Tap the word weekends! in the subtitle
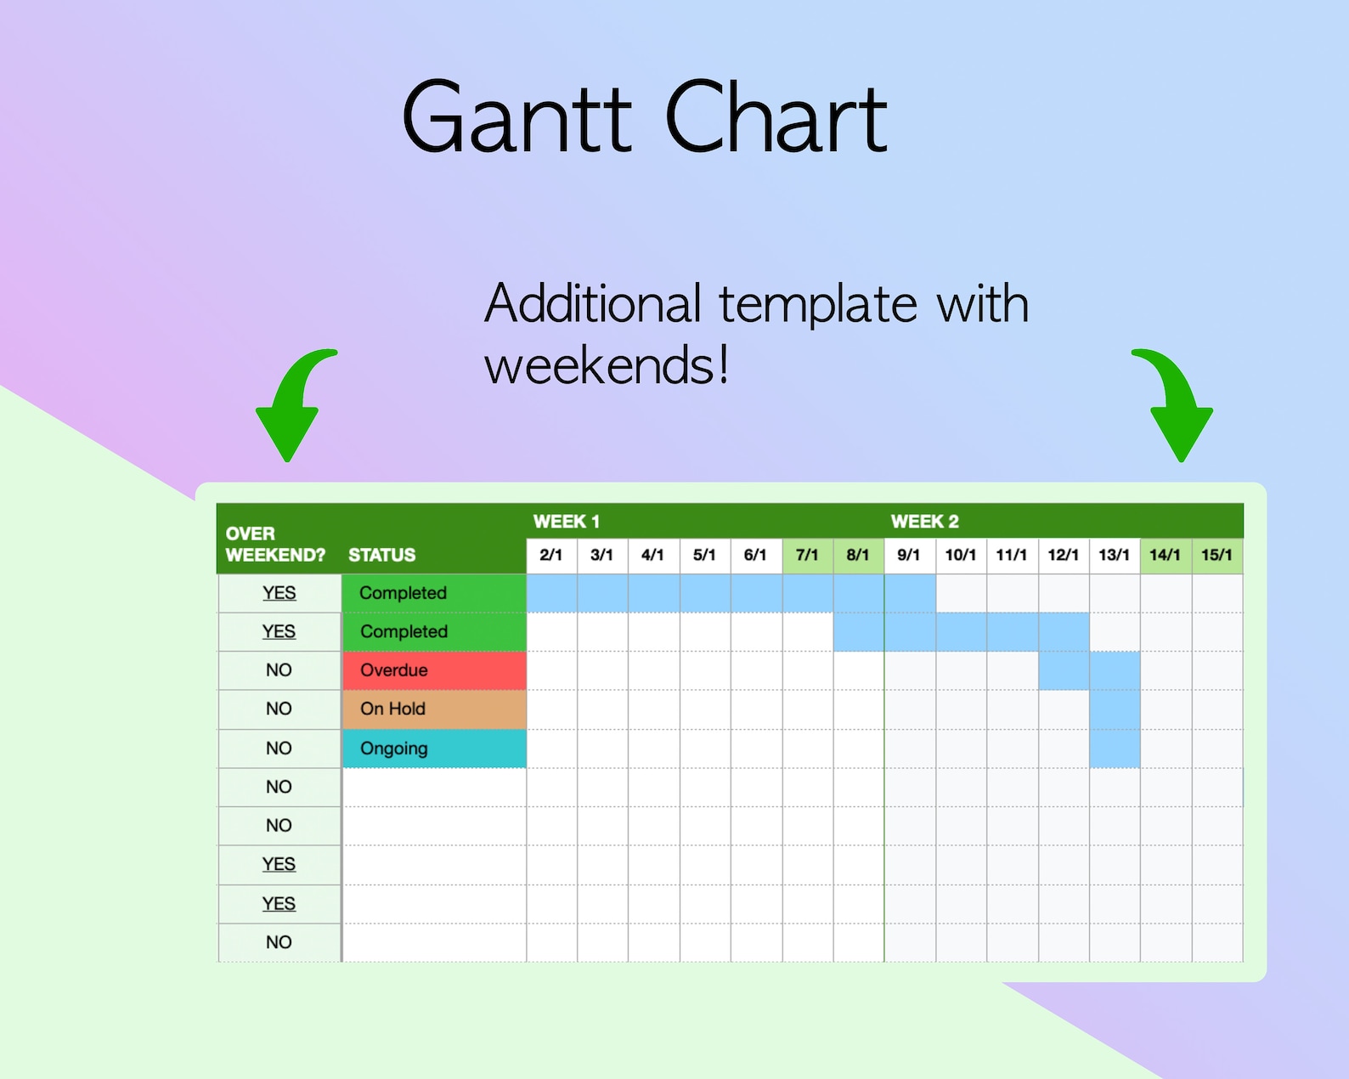pyautogui.click(x=607, y=366)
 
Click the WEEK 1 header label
pyautogui.click(x=566, y=521)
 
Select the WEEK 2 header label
pyautogui.click(x=924, y=521)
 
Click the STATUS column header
pyautogui.click(x=381, y=555)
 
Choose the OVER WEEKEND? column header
pyautogui.click(x=274, y=544)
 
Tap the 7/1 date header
pyautogui.click(x=807, y=555)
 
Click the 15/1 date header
pyautogui.click(x=1216, y=555)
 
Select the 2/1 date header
pyautogui.click(x=550, y=555)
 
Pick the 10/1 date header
pyautogui.click(x=960, y=555)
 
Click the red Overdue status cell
pyautogui.click(x=434, y=670)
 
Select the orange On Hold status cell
pyautogui.click(x=434, y=709)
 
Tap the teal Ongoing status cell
pyautogui.click(x=434, y=749)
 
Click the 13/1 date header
pyautogui.click(x=1114, y=555)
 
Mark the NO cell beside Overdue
pyautogui.click(x=279, y=670)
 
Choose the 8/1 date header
pyautogui.click(x=858, y=555)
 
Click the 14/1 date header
pyautogui.click(x=1165, y=555)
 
